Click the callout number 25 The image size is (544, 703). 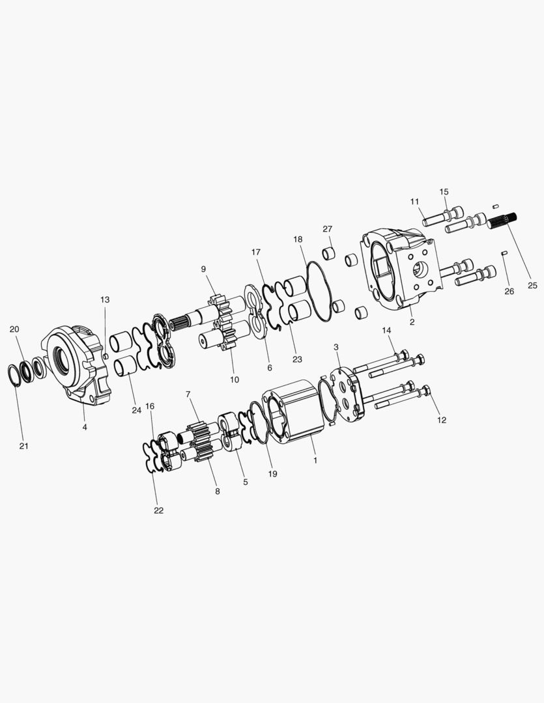click(x=533, y=285)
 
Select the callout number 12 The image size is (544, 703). click(x=442, y=420)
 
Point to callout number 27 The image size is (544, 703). click(x=327, y=228)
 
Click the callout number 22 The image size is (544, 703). click(x=158, y=510)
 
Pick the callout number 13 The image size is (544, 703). click(x=105, y=299)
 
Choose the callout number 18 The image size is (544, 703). click(x=298, y=240)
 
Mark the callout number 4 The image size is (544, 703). click(x=85, y=427)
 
